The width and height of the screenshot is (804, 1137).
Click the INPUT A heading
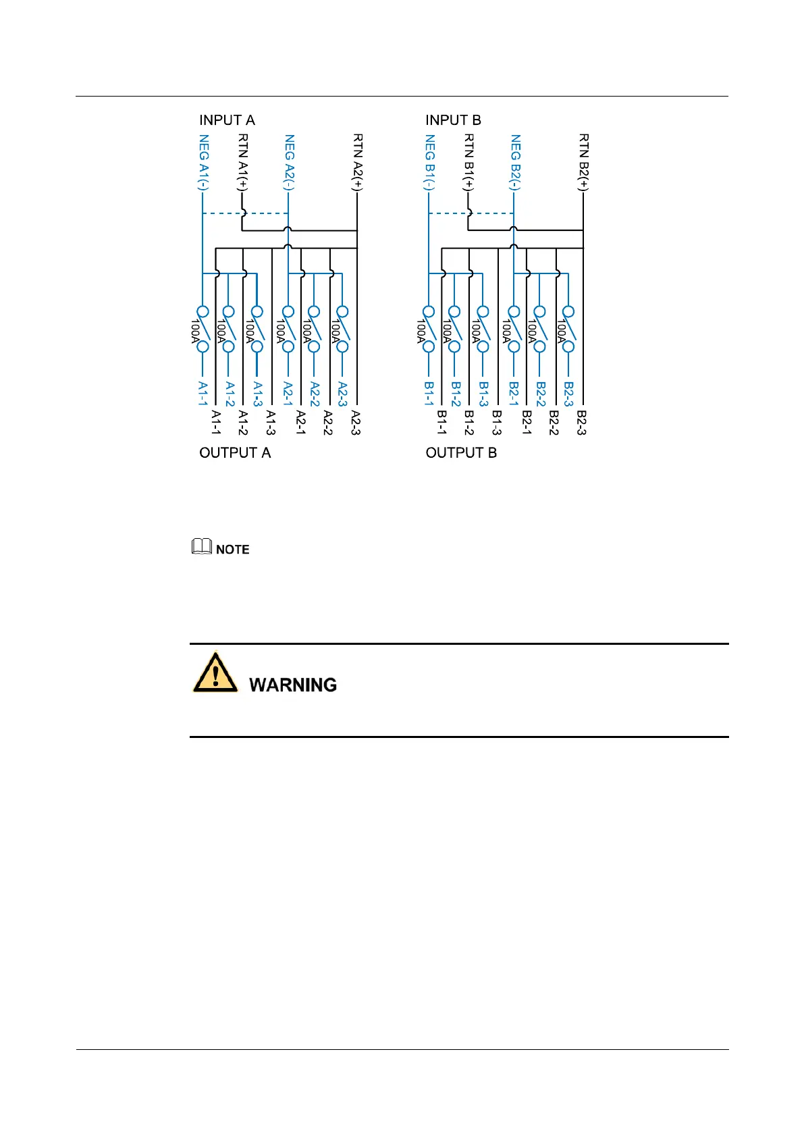[x=227, y=120]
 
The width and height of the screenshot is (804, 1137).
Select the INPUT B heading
[x=453, y=120]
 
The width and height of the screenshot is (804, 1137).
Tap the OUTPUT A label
[x=235, y=452]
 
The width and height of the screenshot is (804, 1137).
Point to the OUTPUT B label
[x=461, y=452]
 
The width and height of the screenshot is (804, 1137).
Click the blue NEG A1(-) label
[x=203, y=162]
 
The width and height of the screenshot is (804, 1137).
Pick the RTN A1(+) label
[x=243, y=162]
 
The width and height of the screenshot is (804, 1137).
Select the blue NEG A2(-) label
[x=289, y=162]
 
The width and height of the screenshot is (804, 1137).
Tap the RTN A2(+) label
[x=357, y=162]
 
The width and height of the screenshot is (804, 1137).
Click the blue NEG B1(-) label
[x=429, y=162]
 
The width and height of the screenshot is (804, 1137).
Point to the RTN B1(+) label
[x=469, y=162]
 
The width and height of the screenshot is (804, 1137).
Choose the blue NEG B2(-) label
[x=515, y=162]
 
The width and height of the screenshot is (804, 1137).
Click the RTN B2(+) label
[x=583, y=162]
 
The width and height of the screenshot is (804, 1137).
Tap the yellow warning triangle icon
[x=215, y=672]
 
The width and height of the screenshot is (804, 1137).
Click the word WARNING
[x=293, y=685]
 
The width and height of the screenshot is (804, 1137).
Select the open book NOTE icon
[x=202, y=547]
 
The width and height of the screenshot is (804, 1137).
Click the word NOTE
[x=233, y=550]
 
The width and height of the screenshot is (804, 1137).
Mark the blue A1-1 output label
[x=203, y=393]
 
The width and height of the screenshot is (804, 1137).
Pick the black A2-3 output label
[x=356, y=423]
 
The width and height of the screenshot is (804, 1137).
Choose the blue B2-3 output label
[x=568, y=394]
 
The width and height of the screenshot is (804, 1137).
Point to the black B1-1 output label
[x=441, y=423]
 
